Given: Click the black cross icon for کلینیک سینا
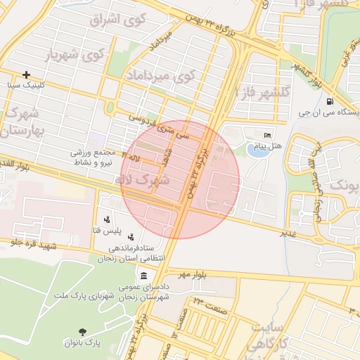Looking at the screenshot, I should (x=27, y=75).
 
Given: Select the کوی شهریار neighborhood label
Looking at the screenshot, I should (x=75, y=54).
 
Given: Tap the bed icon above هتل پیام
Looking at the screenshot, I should (x=267, y=135).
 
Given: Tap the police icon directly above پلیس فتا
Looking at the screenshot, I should (x=106, y=219).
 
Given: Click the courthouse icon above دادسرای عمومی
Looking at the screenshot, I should (x=144, y=274).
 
